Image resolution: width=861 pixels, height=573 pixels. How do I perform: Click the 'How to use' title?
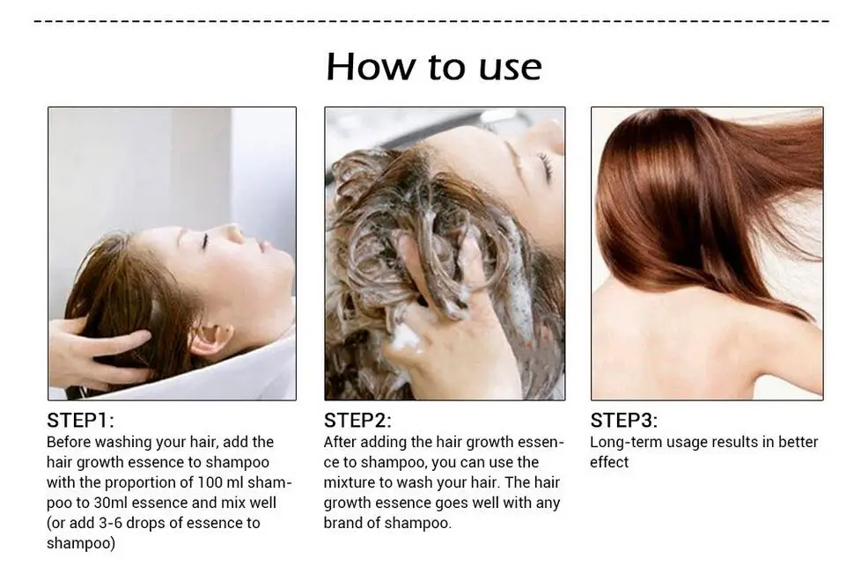pyautogui.click(x=434, y=67)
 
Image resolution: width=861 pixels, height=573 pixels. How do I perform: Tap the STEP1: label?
pyautogui.click(x=81, y=421)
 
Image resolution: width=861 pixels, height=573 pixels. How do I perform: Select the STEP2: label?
pyautogui.click(x=357, y=421)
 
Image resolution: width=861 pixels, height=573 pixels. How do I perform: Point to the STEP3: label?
pyautogui.click(x=624, y=421)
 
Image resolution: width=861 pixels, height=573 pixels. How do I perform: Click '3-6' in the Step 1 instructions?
pyautogui.click(x=110, y=523)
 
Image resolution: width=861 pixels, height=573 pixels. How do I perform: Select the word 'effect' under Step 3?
pyautogui.click(x=609, y=462)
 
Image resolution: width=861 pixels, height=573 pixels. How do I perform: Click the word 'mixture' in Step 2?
pyautogui.click(x=350, y=482)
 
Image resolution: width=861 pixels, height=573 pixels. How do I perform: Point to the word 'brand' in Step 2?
pyautogui.click(x=343, y=523)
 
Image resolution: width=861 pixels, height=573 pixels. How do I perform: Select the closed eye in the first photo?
pyautogui.click(x=204, y=240)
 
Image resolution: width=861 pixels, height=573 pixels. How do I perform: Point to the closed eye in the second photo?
pyautogui.click(x=545, y=166)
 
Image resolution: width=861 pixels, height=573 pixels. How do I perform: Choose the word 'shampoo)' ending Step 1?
pyautogui.click(x=81, y=543)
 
